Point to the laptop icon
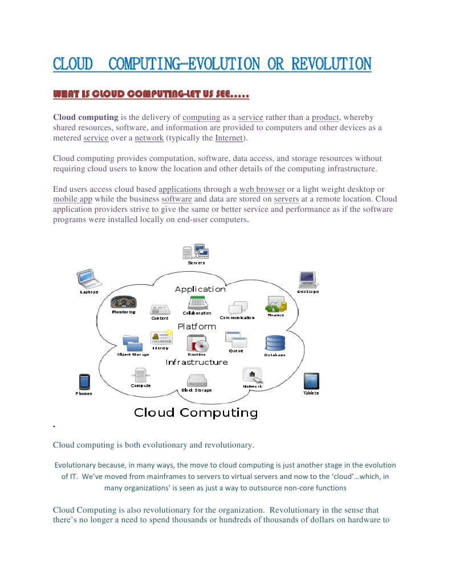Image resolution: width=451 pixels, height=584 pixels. tap(90, 279)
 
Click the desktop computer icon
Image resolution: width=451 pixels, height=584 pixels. tap(308, 279)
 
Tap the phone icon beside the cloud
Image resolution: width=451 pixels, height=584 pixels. tap(84, 381)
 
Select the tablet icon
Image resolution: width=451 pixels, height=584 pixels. tap(311, 381)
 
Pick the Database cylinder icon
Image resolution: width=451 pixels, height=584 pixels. tap(275, 343)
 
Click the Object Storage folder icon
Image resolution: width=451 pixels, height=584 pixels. tap(133, 343)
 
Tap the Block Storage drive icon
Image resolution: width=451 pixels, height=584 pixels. tap(197, 380)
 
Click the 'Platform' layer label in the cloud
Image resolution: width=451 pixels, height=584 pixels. tap(197, 327)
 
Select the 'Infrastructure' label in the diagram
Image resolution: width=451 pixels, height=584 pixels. tap(197, 363)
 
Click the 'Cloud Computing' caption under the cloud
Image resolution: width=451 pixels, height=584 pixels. tap(196, 413)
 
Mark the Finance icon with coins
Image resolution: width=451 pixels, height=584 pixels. tap(277, 304)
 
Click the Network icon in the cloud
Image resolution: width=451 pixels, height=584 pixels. tap(253, 376)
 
